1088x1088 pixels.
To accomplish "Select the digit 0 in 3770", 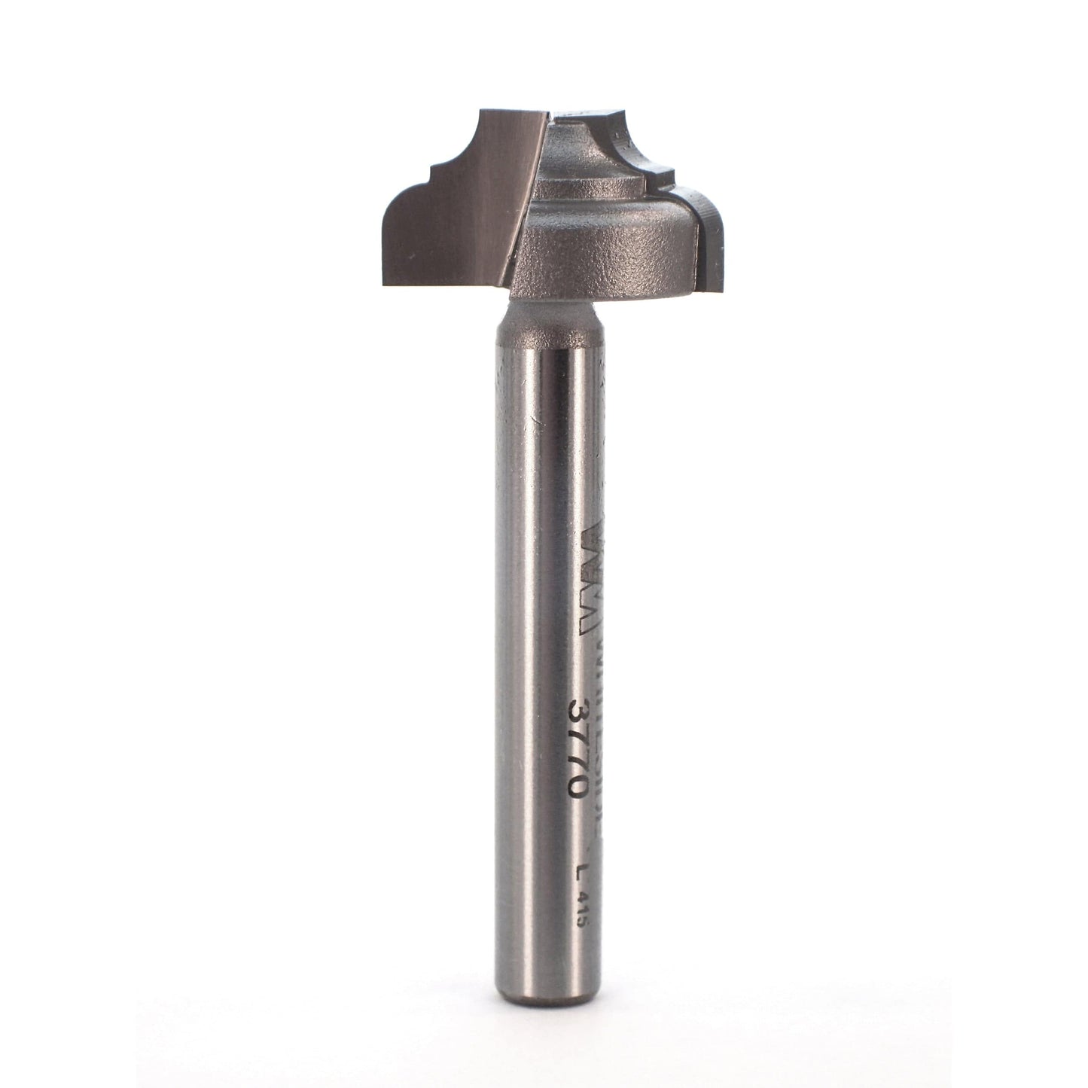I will click(x=579, y=788).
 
